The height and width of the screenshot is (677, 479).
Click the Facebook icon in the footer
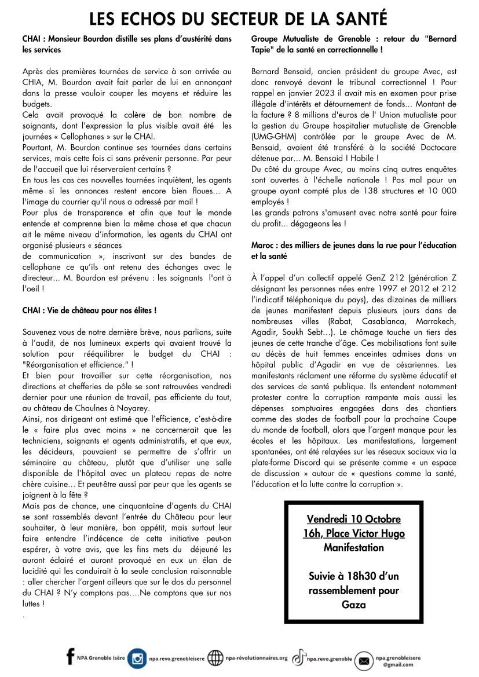71,657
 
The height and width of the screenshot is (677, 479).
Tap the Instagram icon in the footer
137,658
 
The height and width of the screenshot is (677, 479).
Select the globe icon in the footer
215,658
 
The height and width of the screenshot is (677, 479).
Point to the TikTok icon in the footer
299,658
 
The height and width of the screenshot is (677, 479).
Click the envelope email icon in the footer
364,660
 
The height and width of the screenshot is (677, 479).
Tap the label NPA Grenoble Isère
100,658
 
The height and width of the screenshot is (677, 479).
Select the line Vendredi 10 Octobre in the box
353,519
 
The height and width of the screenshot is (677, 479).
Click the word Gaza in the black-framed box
353,605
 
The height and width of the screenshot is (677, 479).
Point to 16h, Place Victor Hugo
353,533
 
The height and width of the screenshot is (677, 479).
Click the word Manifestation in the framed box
353,547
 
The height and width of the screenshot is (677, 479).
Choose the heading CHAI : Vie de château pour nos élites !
89,310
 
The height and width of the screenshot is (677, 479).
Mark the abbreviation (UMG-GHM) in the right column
273,137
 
